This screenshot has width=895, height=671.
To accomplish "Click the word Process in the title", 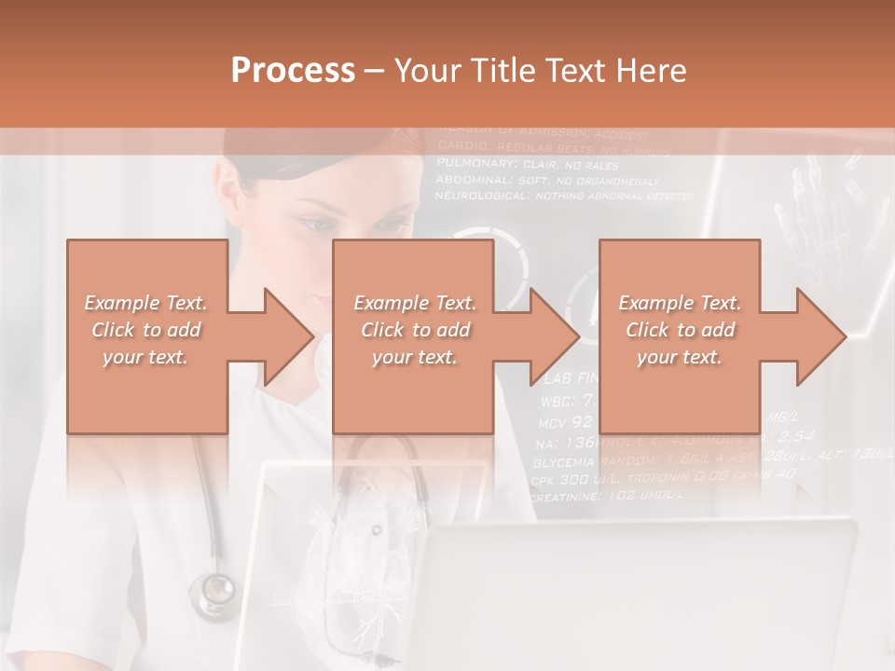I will tap(292, 71).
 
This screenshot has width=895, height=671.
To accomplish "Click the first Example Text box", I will tap(147, 335).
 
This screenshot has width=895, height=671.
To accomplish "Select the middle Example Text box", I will tap(414, 335).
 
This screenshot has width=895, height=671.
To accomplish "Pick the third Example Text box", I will tap(680, 335).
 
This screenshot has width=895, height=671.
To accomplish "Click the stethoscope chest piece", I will tap(213, 590).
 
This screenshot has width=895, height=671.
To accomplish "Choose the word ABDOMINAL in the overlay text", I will tap(471, 180).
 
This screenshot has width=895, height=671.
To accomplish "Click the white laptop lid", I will tap(643, 596).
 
